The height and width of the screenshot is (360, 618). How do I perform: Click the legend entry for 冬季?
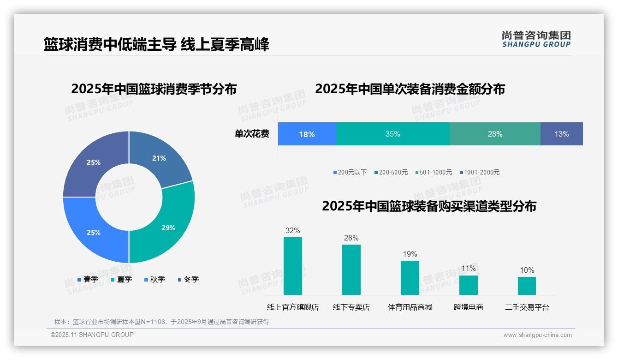(188, 279)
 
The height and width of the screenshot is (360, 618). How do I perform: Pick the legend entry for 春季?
(88, 279)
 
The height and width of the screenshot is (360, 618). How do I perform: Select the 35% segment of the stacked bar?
(392, 134)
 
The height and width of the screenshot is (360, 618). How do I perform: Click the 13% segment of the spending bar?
(561, 134)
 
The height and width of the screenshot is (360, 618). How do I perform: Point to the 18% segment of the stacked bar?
(307, 134)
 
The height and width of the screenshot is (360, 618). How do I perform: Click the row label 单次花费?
(252, 134)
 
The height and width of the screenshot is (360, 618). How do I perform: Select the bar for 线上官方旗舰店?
(292, 266)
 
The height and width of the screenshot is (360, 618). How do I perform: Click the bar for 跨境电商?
(468, 285)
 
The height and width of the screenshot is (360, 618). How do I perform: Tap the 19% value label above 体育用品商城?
(410, 254)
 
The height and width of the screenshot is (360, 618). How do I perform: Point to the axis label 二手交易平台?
(527, 307)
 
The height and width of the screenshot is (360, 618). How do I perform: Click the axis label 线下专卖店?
(351, 307)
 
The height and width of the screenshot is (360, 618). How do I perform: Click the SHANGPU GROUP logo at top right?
(536, 39)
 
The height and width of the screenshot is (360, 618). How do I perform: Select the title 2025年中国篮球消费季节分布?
(154, 89)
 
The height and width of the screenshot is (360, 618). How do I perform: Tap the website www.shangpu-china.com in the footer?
(537, 335)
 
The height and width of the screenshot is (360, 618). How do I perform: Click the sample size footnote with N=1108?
(161, 322)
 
